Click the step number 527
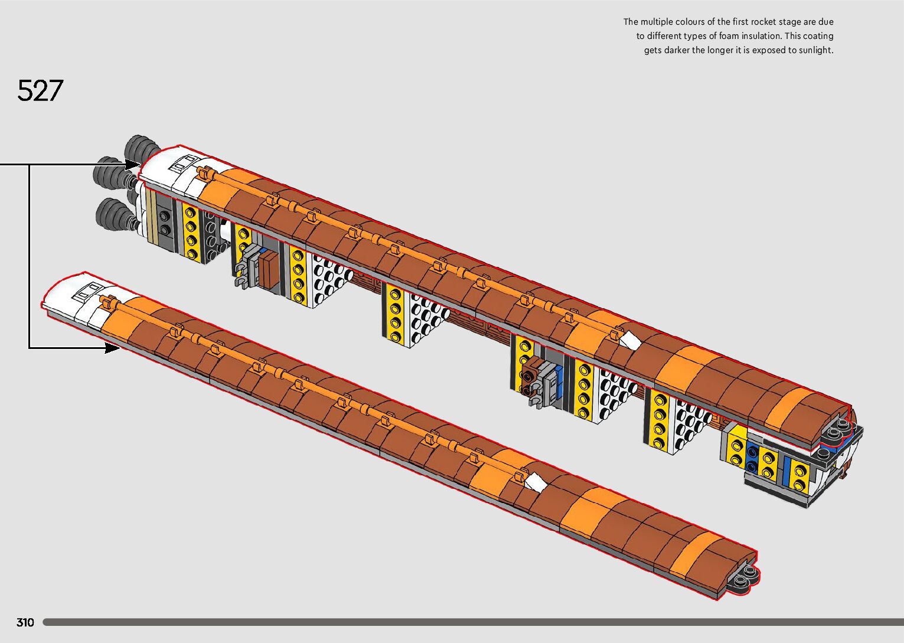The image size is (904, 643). point(40,91)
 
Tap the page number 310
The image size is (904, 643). point(25,622)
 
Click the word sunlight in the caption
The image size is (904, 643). point(815,50)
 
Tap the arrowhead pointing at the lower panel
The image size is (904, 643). point(112,348)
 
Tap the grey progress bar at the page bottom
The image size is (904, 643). point(472,622)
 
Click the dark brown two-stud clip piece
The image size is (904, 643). point(528,376)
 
